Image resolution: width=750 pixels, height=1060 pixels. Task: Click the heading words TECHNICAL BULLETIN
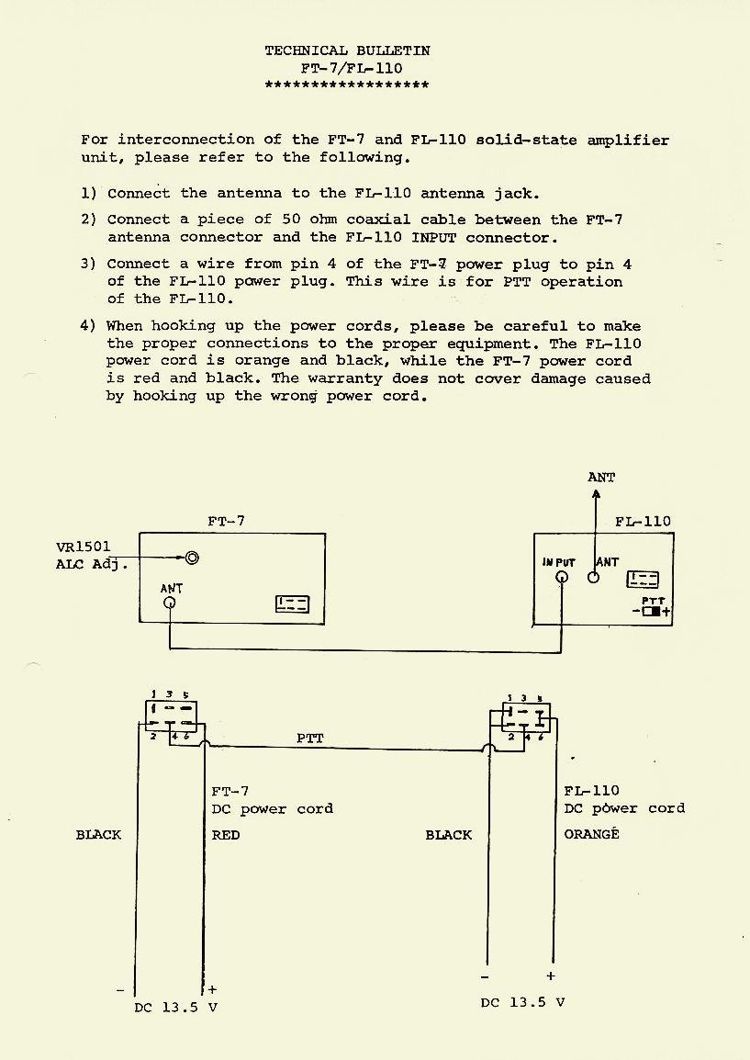[347, 51]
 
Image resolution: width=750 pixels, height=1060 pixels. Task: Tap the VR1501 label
[83, 547]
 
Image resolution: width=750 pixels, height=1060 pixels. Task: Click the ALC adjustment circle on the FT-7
[192, 558]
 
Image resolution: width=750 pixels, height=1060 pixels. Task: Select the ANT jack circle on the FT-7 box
[170, 603]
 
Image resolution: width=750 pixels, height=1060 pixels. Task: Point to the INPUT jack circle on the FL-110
[562, 578]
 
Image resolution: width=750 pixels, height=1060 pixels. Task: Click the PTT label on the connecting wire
[310, 738]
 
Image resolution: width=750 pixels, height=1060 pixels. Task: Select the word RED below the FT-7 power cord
[226, 835]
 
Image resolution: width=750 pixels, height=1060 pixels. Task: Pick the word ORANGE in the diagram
[591, 834]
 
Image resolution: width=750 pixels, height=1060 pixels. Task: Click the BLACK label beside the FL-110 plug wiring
[448, 835]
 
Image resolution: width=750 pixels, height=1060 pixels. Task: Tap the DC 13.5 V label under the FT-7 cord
[175, 1007]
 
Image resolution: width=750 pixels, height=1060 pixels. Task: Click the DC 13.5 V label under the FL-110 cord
[522, 1002]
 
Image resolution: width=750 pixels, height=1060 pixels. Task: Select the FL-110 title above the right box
[643, 521]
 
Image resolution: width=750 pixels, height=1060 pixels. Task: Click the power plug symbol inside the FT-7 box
[293, 603]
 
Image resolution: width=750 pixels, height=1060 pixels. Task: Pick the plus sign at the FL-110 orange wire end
[551, 976]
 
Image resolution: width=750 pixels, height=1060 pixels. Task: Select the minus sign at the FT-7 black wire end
[120, 990]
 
